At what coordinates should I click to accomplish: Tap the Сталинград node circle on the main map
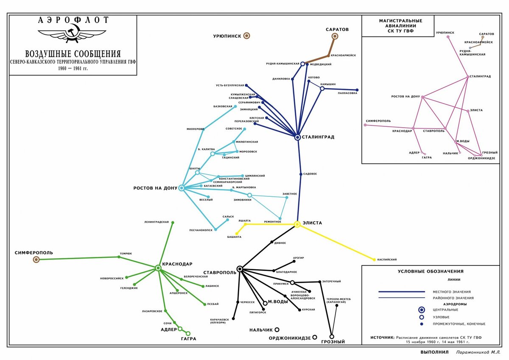(x=297, y=137)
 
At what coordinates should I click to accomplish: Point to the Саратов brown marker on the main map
(x=335, y=36)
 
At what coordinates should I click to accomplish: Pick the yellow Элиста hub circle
(x=297, y=224)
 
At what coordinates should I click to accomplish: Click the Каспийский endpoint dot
(x=374, y=259)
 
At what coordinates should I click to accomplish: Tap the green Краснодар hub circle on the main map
(x=158, y=268)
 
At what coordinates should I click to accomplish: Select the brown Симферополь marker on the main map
(x=36, y=259)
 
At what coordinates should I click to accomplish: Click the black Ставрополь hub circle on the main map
(x=240, y=268)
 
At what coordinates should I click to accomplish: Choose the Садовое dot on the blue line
(x=300, y=174)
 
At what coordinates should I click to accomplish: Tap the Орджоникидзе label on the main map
(x=290, y=338)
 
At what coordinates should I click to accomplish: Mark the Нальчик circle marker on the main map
(x=277, y=329)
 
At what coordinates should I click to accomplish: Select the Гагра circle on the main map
(x=188, y=333)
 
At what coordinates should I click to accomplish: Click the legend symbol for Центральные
(x=421, y=310)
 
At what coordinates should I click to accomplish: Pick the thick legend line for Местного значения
(x=401, y=292)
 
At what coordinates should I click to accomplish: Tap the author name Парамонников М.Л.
(x=478, y=352)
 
